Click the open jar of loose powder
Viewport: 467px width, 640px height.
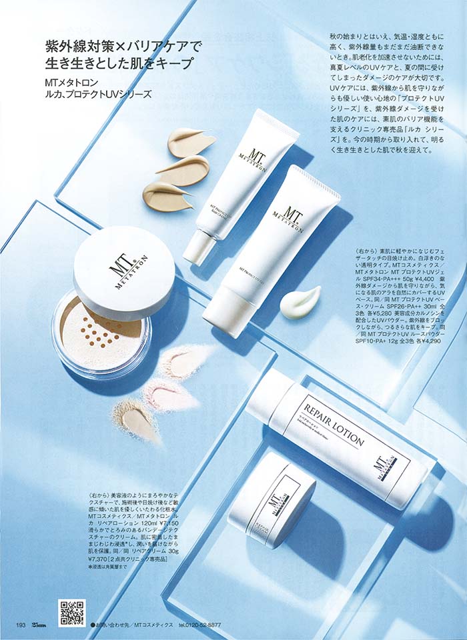(x=100, y=337)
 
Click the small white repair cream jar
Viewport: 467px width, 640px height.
(x=272, y=499)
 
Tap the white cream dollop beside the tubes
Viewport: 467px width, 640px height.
(x=300, y=303)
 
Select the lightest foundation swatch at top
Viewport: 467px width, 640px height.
(x=190, y=141)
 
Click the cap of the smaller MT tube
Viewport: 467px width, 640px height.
(x=199, y=246)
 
